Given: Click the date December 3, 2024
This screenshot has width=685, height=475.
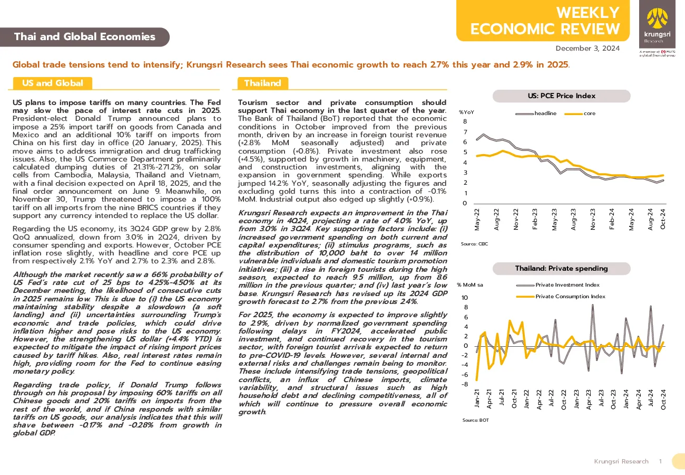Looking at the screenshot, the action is (x=588, y=49).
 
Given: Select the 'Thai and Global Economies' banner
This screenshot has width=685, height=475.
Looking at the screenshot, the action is (x=85, y=37).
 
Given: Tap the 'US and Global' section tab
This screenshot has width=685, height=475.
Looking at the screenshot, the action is (x=53, y=83).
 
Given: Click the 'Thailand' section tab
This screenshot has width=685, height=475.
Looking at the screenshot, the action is (x=263, y=83).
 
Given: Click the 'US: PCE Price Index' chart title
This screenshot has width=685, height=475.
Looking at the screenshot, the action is (x=562, y=96).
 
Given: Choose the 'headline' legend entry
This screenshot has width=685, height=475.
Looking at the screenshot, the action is (x=536, y=113).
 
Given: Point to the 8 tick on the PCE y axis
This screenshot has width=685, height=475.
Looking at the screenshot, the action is (x=465, y=121).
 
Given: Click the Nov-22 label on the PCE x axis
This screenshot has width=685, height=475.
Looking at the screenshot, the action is (x=516, y=219).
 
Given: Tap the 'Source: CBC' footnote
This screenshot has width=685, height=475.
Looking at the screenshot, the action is (x=474, y=244).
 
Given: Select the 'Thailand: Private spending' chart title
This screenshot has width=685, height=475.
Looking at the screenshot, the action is (x=562, y=269).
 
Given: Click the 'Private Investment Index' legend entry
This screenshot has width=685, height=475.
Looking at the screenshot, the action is (x=558, y=285).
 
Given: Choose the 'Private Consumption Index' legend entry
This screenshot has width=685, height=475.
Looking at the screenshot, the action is (x=561, y=297).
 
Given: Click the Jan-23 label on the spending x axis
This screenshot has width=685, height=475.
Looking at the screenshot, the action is (x=576, y=399).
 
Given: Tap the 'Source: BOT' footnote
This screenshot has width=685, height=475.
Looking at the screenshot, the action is (x=475, y=420).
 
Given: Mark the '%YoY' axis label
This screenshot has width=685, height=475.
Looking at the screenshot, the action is (x=466, y=112).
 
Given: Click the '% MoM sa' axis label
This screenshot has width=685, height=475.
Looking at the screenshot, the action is (x=470, y=285).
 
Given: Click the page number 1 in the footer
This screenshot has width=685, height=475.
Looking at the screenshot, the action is (x=661, y=461).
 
